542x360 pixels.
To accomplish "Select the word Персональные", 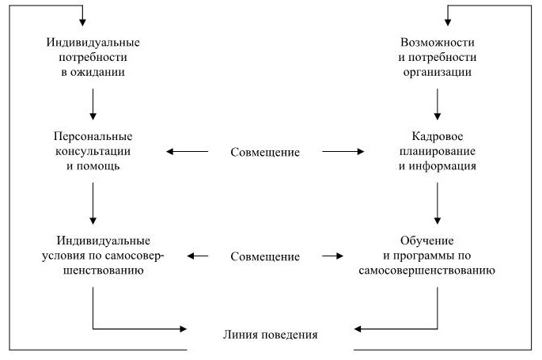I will coord(93,135).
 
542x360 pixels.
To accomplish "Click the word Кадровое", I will coord(437,135).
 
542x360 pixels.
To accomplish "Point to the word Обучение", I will coord(437,240).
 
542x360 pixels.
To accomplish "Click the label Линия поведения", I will coord(270,334).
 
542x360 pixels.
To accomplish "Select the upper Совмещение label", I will coord(265,151).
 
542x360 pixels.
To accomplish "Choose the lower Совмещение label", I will coord(265,256).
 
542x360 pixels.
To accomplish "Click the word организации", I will coord(437,72).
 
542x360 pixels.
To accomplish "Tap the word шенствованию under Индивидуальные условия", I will coord(93,271).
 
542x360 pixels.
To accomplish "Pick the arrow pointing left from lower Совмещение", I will coord(197,256).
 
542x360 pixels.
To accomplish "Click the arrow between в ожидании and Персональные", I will coord(93,104).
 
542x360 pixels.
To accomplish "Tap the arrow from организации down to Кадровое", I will coord(437,104).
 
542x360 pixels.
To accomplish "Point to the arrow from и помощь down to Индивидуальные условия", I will coord(93,203).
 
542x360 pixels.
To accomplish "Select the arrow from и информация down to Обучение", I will coord(437,203).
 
